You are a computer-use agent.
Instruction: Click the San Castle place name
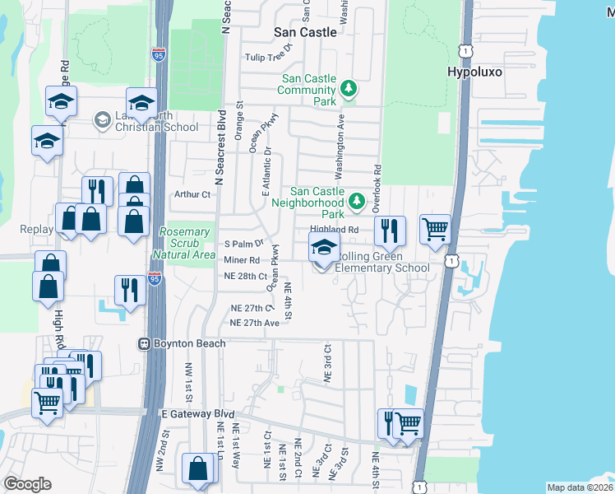point(305,32)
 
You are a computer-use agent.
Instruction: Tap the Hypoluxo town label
point(474,72)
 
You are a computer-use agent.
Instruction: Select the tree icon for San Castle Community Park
point(349,88)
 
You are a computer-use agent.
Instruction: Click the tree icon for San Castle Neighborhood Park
point(356,200)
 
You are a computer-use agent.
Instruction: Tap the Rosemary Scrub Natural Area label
point(187,244)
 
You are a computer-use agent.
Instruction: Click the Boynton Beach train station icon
point(144,343)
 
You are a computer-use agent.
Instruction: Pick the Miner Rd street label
point(241,260)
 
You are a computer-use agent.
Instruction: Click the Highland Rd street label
point(335,230)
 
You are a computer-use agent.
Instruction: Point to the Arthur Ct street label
point(193,194)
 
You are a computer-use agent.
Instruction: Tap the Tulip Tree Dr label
point(270,58)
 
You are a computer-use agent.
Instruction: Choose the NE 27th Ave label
point(255,323)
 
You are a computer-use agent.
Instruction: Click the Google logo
point(28,483)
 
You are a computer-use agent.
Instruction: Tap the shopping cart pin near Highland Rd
point(435,229)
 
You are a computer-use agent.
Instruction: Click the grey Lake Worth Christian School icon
point(102,120)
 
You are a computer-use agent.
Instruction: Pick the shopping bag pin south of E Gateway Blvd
point(198,468)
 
